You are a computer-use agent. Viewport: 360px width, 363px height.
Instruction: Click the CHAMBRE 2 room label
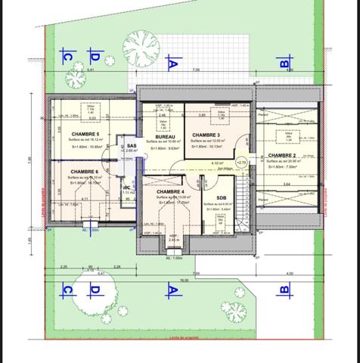[284, 155]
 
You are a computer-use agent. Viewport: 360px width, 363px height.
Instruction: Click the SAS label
[131, 145]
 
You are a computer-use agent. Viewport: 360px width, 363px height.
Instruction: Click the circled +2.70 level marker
[242, 162]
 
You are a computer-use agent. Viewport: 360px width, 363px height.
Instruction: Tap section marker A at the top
[172, 64]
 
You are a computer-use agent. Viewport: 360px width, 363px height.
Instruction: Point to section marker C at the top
[67, 56]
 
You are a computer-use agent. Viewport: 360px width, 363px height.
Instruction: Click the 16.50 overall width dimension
[173, 279]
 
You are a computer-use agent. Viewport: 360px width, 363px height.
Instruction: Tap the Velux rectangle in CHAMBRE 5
[91, 111]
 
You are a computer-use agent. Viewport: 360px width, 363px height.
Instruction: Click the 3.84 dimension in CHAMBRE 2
[287, 184]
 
